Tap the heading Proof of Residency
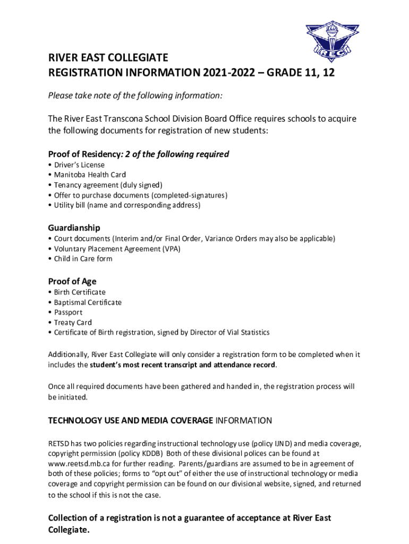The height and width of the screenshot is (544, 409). (x=84, y=154)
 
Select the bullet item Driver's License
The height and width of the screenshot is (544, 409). (x=79, y=165)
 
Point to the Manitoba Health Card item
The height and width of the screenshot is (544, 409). (x=90, y=175)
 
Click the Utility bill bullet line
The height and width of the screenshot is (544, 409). (x=127, y=205)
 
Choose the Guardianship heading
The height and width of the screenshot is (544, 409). (x=74, y=227)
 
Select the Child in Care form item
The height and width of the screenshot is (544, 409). (x=83, y=259)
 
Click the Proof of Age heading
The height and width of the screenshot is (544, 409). (x=72, y=281)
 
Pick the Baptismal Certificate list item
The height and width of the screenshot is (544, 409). (x=88, y=302)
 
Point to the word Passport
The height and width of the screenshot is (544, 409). (x=68, y=312)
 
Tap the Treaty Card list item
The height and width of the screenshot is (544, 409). (x=73, y=322)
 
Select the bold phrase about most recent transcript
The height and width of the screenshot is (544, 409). (x=183, y=365)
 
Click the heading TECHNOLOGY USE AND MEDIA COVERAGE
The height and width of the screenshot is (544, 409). (x=131, y=421)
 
